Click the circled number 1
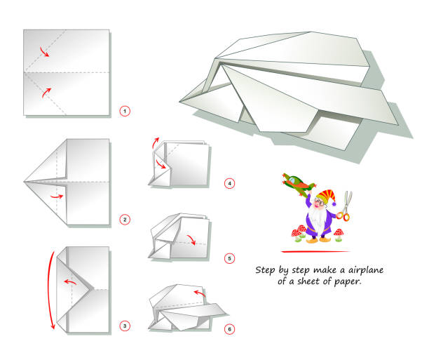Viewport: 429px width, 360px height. click(x=125, y=111)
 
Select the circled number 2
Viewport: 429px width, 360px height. click(x=125, y=220)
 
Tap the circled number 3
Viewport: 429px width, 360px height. click(x=125, y=325)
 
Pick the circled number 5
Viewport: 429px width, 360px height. click(x=229, y=258)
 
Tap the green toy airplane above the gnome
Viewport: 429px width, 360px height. click(x=294, y=184)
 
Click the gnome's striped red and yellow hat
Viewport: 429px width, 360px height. click(x=325, y=196)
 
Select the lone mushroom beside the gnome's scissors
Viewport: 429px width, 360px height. click(x=339, y=233)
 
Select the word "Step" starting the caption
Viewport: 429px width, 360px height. click(x=266, y=269)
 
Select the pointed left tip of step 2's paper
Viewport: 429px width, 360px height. click(x=25, y=181)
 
